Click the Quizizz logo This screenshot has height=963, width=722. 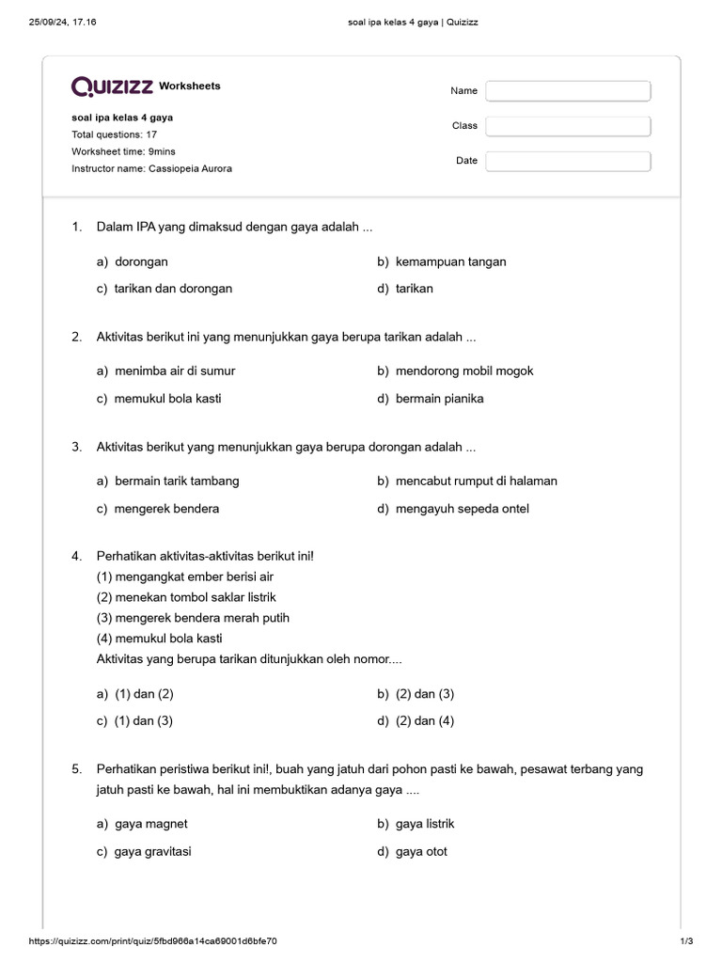pos(113,87)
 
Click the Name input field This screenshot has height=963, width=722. pos(568,90)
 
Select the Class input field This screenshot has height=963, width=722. pos(568,126)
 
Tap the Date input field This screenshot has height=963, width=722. pos(568,161)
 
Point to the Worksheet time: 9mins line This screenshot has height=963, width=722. pos(123,151)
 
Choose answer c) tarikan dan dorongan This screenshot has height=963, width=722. pos(165,289)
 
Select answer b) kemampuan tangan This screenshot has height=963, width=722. pos(442,261)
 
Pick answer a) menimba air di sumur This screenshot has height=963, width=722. pos(165,371)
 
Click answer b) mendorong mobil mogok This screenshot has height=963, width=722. pos(456,371)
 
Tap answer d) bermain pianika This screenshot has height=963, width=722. pos(431,399)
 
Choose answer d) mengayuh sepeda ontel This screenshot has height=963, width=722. pos(453,509)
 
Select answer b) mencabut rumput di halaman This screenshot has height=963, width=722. pos(467,481)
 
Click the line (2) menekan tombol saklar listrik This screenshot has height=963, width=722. pos(186,597)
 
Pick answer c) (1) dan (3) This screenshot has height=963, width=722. pos(135,721)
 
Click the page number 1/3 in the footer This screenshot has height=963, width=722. pos(686,941)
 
